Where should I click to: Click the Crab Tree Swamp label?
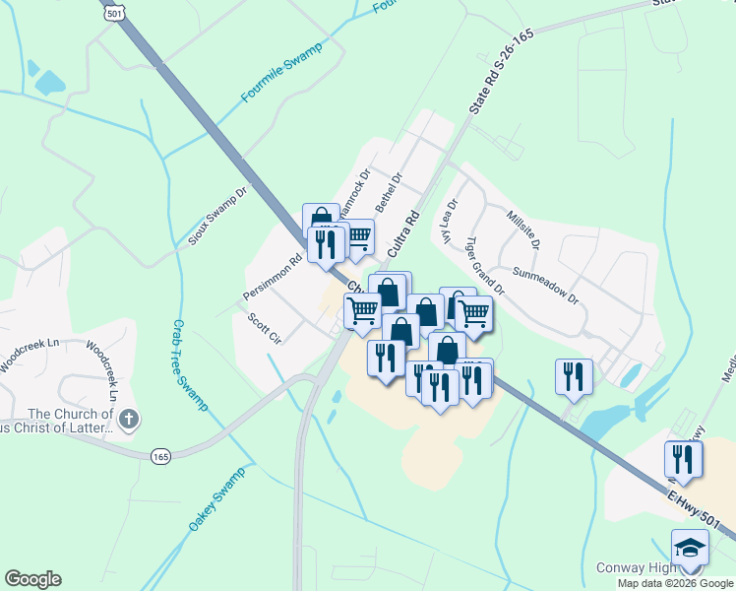click(190, 363)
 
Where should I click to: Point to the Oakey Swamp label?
click(216, 500)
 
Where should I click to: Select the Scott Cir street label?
click(266, 328)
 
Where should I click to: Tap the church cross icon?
click(129, 421)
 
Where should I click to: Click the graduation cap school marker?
click(690, 547)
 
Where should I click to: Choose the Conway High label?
click(636, 568)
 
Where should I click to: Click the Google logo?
click(32, 579)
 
